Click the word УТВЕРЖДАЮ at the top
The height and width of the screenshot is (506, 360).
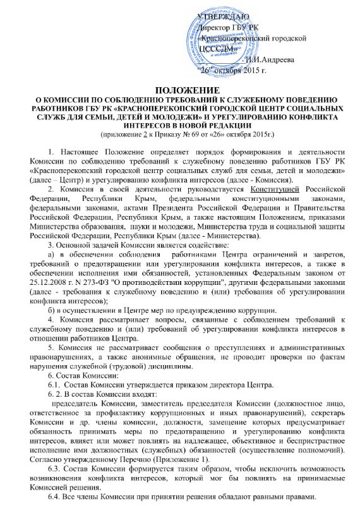click(x=223, y=14)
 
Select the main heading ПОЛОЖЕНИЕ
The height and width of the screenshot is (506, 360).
click(x=179, y=92)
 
